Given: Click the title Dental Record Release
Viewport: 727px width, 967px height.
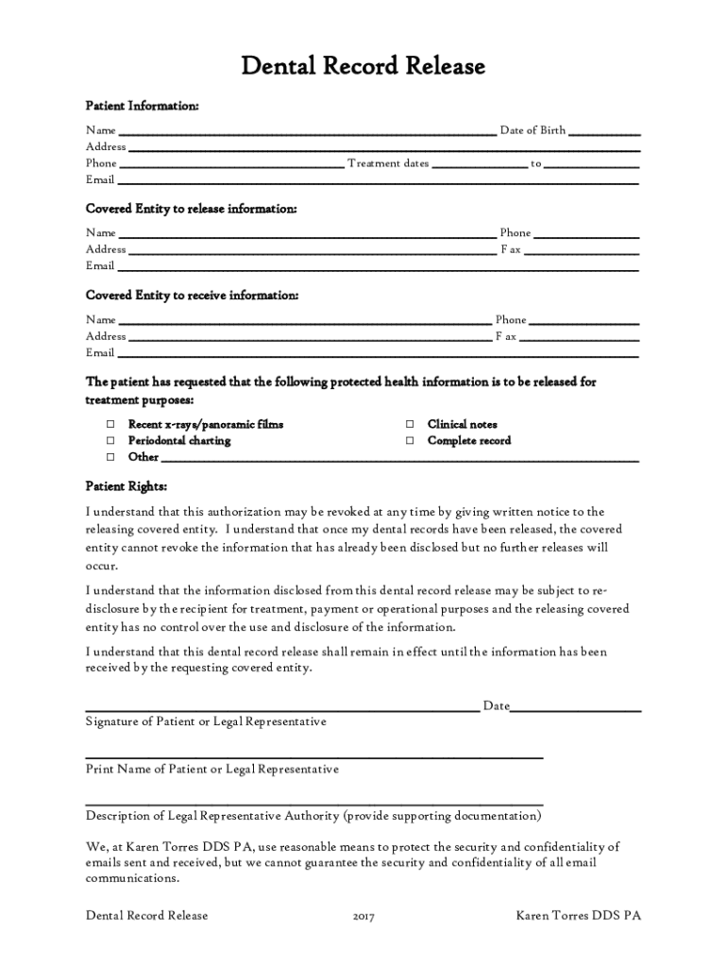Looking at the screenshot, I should coord(363,66).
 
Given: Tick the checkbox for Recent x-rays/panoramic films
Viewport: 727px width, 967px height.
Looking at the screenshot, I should coord(110,425).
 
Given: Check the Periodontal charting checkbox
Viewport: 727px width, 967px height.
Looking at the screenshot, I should coord(110,441).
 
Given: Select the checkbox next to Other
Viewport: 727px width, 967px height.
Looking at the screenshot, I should coord(110,457).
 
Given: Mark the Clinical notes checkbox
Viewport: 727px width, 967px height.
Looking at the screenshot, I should coord(410,425).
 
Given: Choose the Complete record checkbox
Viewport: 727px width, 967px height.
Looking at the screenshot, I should coord(410,441).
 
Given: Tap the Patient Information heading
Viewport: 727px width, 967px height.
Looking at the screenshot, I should coord(143,106).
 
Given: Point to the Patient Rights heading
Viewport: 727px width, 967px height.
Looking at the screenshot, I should coord(127,486).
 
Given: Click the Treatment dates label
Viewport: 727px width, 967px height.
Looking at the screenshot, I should coord(388,163).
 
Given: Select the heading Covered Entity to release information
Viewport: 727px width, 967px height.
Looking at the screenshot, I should coord(192,209).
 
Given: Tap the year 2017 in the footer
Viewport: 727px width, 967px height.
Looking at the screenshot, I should coord(363,916).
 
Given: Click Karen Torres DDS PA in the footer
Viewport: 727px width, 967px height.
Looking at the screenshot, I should coord(579,915).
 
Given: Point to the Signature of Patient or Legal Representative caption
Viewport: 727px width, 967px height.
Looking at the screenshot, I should coord(206,721).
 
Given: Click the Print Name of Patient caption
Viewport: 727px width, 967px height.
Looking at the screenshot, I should coord(211,769).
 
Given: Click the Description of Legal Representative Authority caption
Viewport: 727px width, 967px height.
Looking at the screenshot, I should coord(313,815).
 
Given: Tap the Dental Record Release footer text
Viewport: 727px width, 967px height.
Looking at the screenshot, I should coord(146,915).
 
